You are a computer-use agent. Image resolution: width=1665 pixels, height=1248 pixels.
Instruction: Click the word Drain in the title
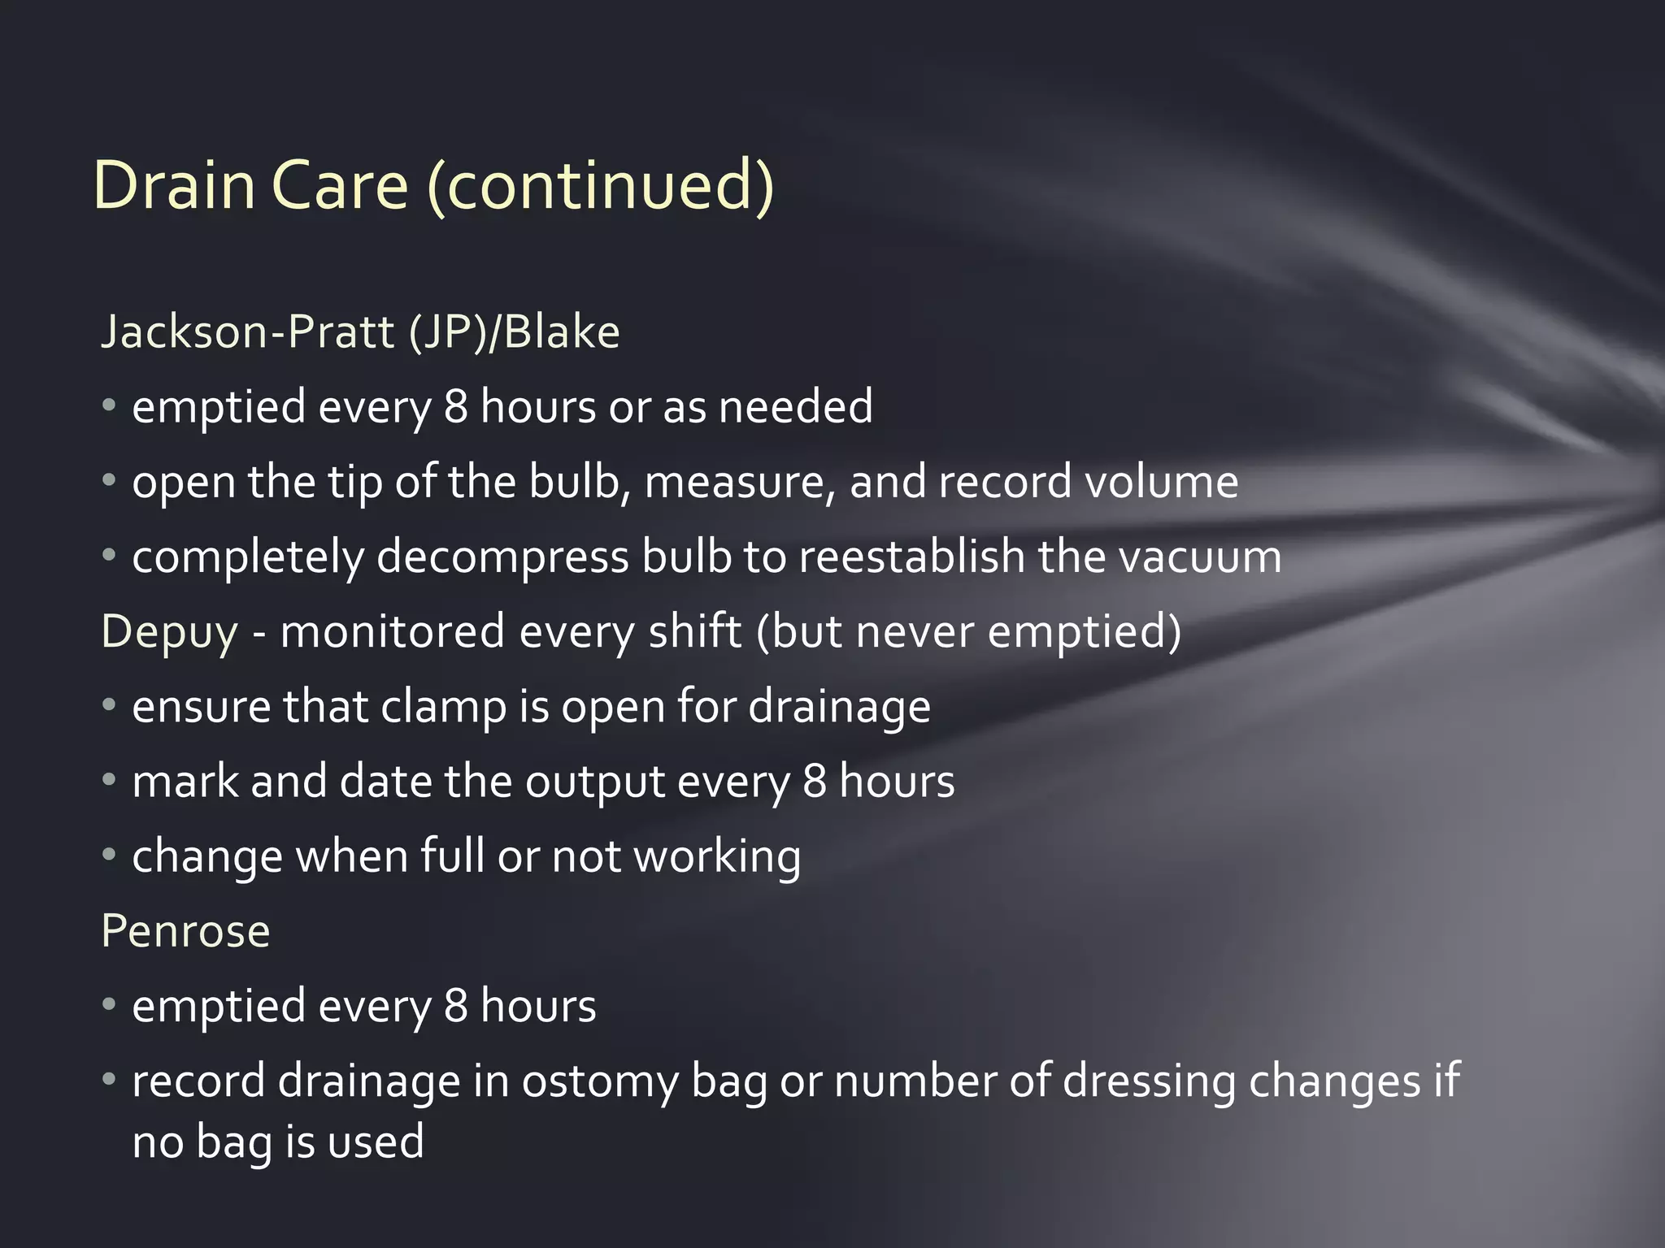(174, 185)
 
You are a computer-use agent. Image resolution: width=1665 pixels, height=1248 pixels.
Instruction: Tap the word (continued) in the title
(600, 187)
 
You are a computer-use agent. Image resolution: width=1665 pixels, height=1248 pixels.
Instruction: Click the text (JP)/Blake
(514, 331)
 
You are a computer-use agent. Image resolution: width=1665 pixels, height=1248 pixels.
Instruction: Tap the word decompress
(502, 557)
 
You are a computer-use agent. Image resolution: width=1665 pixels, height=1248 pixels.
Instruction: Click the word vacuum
(1199, 557)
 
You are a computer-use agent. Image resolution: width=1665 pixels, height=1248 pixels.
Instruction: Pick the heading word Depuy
(169, 632)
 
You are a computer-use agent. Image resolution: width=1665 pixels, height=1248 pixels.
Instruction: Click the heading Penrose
(185, 931)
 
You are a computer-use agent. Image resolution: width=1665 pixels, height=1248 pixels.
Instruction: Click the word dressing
(1149, 1082)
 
